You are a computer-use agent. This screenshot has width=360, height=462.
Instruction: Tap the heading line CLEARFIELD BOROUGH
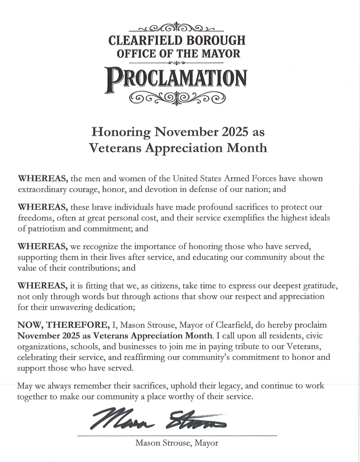177,40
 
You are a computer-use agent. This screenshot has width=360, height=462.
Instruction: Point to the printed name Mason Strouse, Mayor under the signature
177,443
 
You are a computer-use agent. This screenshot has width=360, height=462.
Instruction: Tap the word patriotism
44,229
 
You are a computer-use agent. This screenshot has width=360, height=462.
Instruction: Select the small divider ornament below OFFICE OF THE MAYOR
176,63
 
